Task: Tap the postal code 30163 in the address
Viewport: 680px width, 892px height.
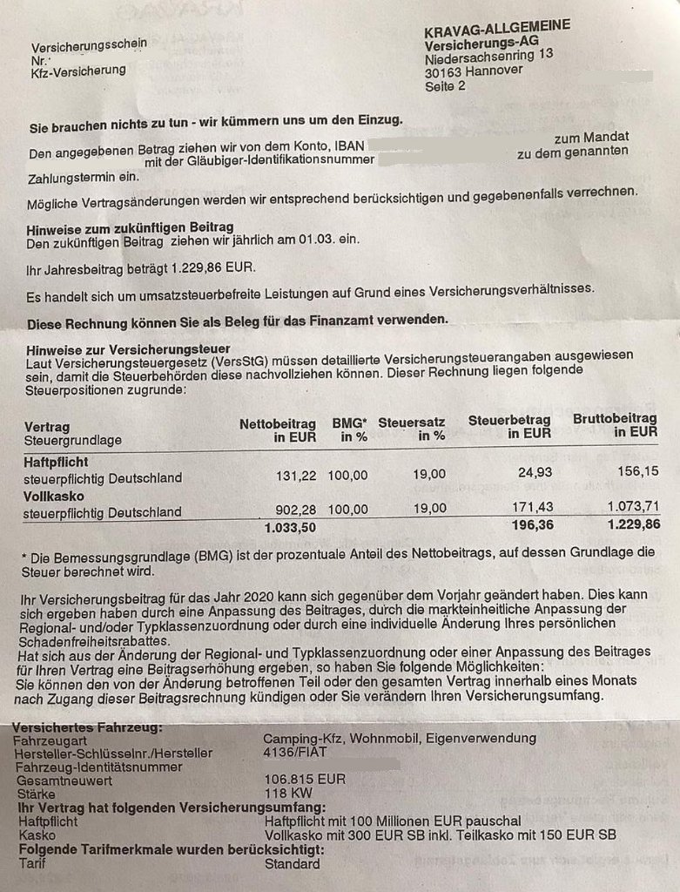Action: pos(444,72)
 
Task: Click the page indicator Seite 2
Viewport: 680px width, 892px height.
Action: pos(445,86)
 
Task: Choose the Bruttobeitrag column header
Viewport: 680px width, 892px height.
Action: pos(615,419)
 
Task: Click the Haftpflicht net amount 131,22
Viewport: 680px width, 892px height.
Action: pos(298,475)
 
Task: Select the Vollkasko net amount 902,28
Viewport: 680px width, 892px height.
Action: pos(298,509)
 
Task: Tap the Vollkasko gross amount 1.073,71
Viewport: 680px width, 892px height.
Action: pos(629,505)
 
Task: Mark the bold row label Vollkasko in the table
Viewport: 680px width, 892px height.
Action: pos(54,495)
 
